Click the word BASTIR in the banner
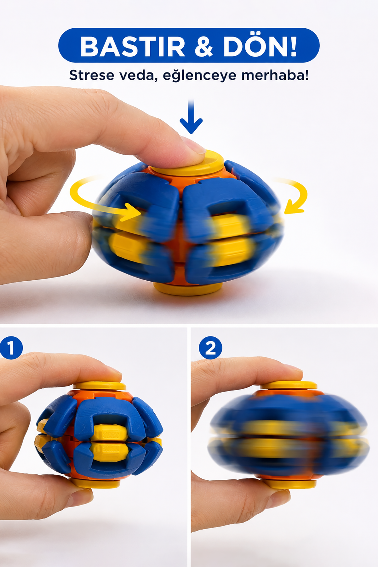[133, 47]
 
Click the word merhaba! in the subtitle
[275, 75]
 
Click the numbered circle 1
[11, 348]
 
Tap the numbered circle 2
[210, 348]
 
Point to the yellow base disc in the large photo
[188, 289]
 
